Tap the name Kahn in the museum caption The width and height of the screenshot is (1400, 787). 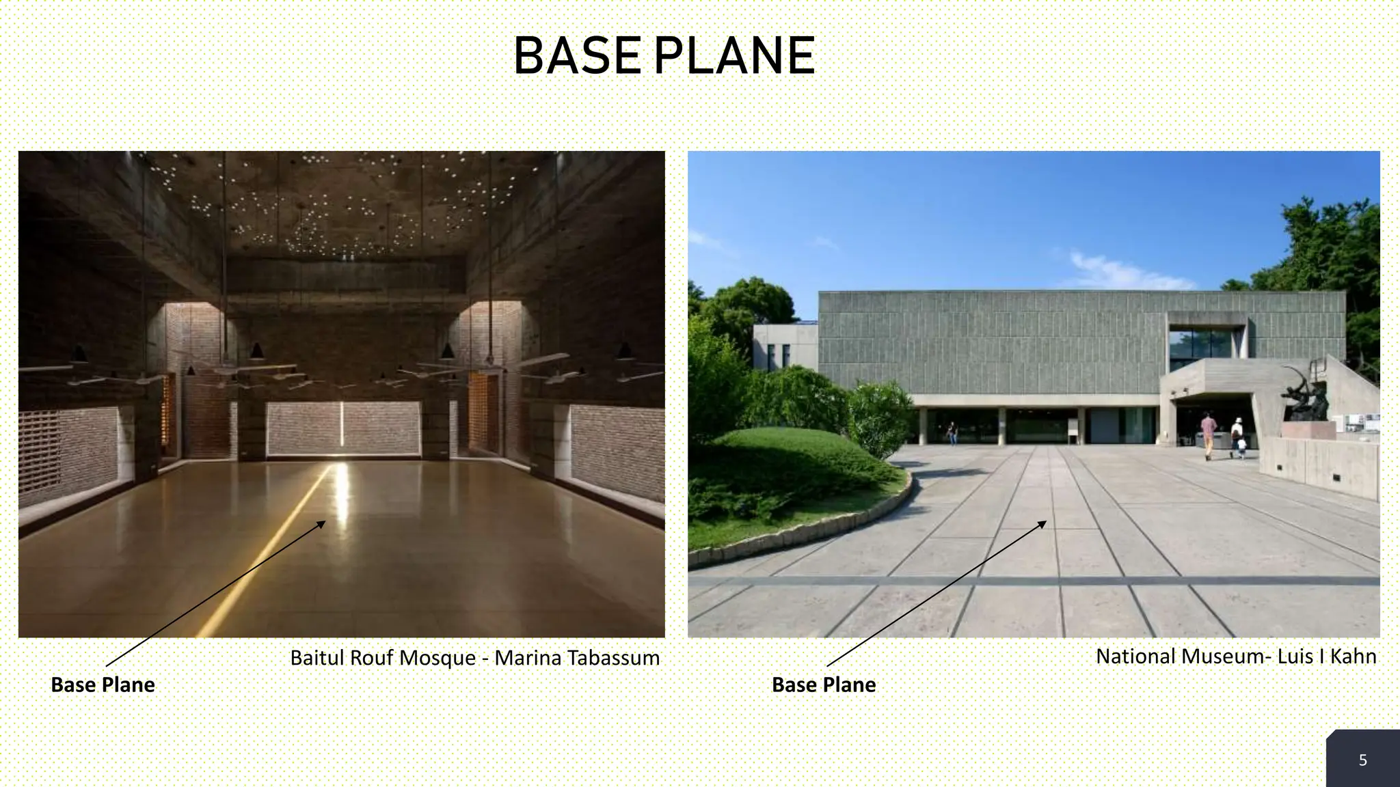click(1354, 657)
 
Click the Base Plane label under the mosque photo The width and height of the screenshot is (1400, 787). click(103, 685)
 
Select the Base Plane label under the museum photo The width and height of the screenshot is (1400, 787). click(823, 685)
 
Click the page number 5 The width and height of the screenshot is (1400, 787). click(1362, 760)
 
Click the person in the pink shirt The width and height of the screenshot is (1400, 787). click(1209, 434)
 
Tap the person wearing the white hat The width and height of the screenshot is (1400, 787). click(1237, 436)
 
